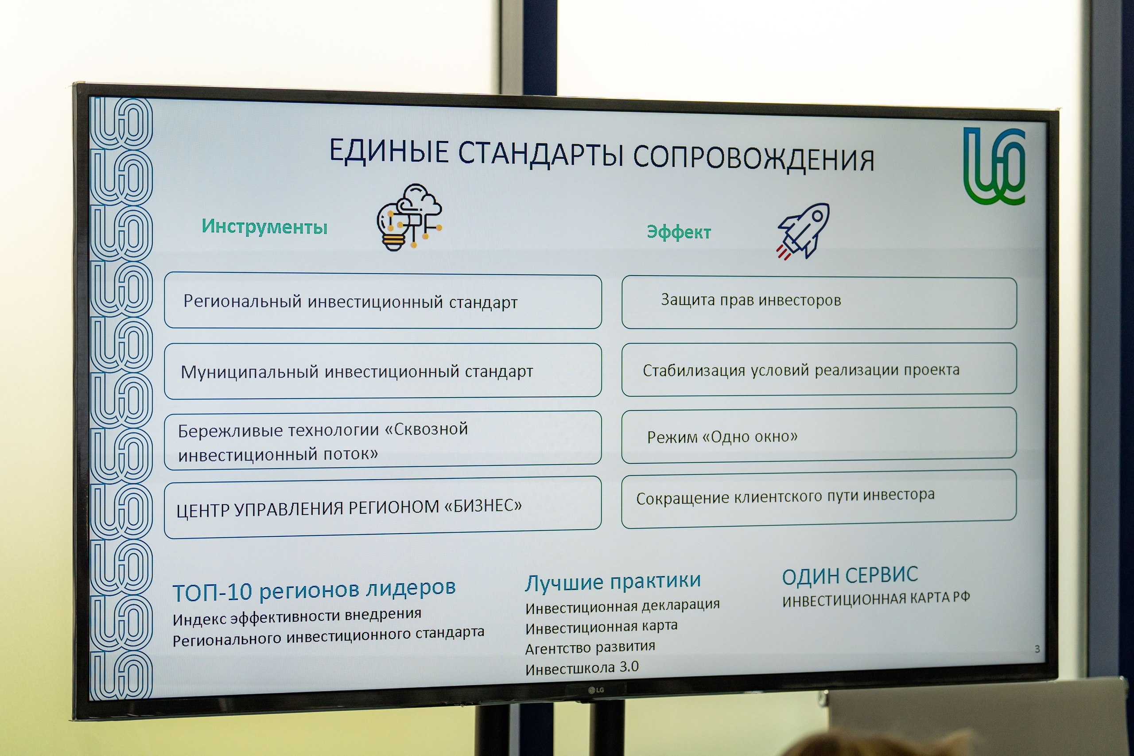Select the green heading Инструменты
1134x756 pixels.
click(264, 226)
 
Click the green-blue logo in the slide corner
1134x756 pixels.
click(994, 167)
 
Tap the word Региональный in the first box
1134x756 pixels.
click(242, 301)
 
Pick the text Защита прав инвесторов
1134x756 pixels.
click(750, 300)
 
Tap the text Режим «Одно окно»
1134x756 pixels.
click(722, 437)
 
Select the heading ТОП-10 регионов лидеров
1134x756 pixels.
click(314, 589)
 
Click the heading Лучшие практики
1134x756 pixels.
click(612, 581)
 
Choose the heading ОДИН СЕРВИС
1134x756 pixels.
click(850, 576)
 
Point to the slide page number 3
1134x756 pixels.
click(1037, 649)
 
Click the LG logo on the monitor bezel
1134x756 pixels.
click(596, 690)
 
